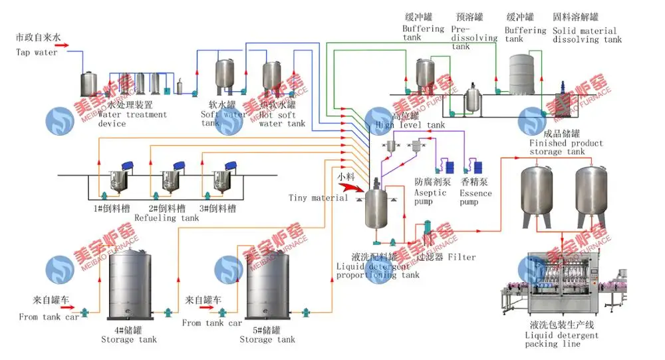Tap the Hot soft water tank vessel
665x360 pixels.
pos(273,78)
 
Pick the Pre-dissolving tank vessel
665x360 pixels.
pos(473,98)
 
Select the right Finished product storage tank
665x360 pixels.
pos(592,194)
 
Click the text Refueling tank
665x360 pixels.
pos(166,218)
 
